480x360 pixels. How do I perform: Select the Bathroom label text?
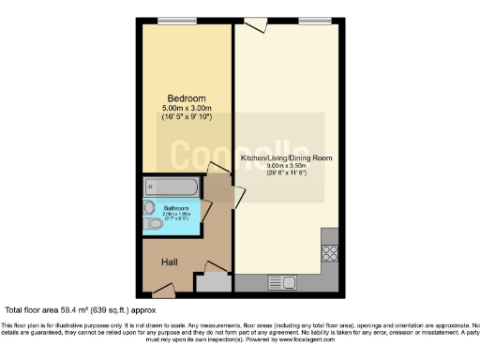pyautogui.click(x=177, y=208)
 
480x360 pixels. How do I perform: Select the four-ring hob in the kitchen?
pyautogui.click(x=329, y=251)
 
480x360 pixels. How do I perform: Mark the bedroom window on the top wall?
pyautogui.click(x=170, y=20)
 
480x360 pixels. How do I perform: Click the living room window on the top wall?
pyautogui.click(x=310, y=20)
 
